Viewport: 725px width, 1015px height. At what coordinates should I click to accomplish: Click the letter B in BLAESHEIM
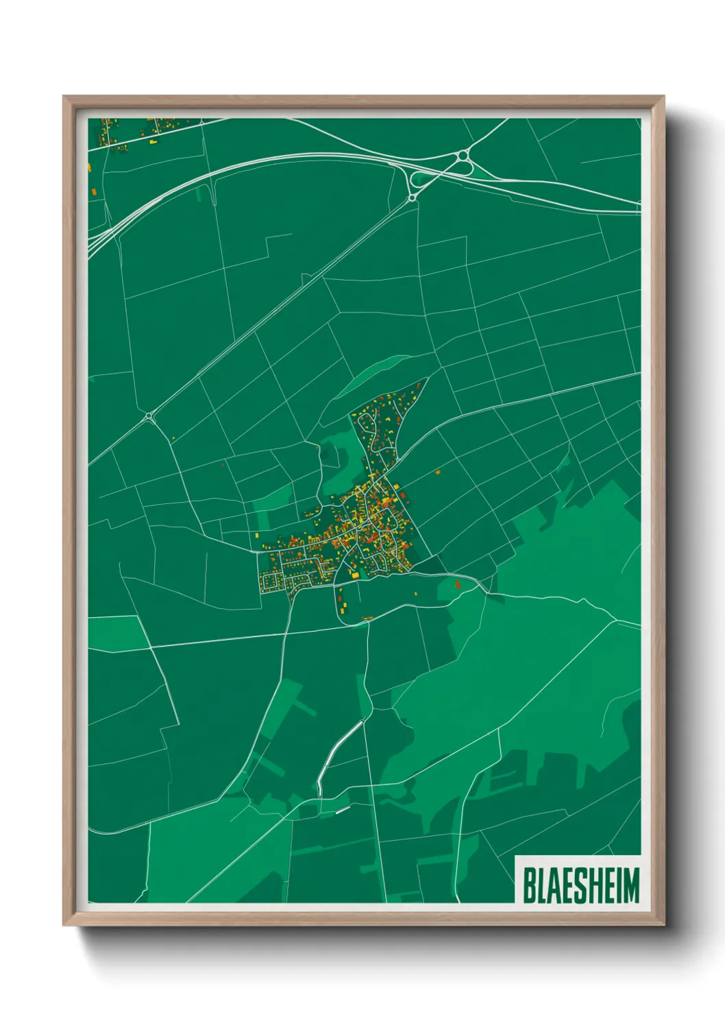(530, 885)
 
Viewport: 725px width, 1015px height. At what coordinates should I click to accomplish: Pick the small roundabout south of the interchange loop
(412, 198)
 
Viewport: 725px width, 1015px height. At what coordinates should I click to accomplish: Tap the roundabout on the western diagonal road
(149, 416)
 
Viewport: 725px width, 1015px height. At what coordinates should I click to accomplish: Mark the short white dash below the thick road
(343, 810)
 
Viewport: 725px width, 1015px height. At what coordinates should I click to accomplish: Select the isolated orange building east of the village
(439, 472)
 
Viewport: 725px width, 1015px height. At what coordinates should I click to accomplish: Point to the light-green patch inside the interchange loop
(421, 180)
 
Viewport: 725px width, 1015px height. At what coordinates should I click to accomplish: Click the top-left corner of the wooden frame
(64, 97)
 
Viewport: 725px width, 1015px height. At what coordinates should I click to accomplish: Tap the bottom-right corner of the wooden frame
(663, 924)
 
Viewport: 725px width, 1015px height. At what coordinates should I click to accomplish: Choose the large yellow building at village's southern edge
(355, 575)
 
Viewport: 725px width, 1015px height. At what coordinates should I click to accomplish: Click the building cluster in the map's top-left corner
(137, 131)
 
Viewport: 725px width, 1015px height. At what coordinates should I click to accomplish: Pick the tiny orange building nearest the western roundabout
(173, 438)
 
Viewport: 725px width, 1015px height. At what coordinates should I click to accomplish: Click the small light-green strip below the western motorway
(199, 194)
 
